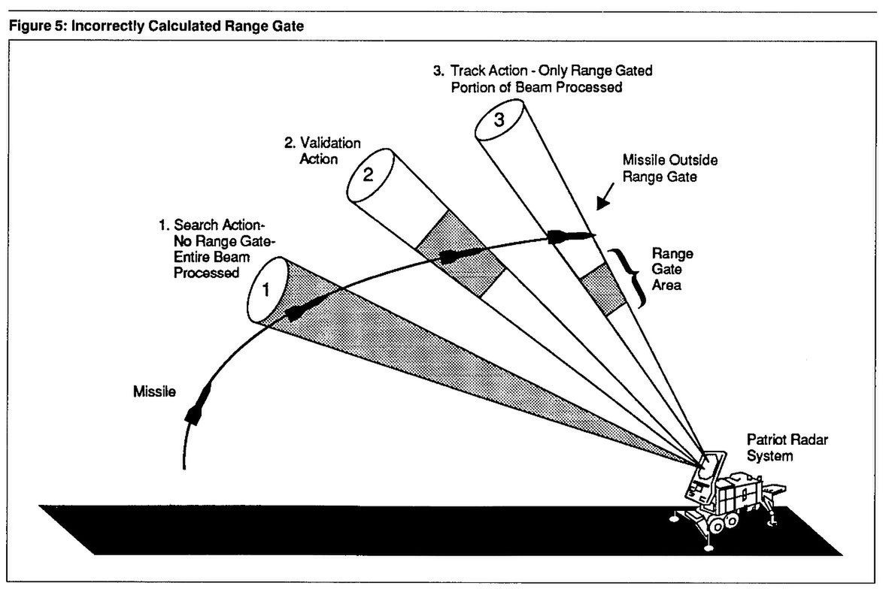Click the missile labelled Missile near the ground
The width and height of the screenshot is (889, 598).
click(199, 402)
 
